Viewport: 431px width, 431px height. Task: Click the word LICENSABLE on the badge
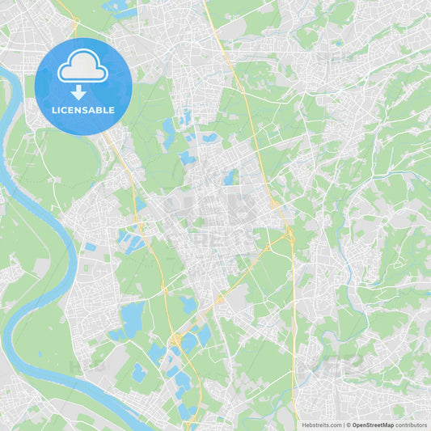(83, 110)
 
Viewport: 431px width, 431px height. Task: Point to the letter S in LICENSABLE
(88, 110)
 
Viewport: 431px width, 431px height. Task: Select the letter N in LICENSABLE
(81, 110)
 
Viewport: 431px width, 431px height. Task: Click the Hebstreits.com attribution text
(322, 425)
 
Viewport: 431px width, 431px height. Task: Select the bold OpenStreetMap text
(373, 425)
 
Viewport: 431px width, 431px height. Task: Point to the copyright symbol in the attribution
(349, 425)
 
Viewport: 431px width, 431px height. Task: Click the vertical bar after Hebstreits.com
(344, 425)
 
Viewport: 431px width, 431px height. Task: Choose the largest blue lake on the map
(131, 315)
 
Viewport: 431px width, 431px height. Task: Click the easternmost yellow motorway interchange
(289, 235)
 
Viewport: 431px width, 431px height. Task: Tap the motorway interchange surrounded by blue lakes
(175, 340)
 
